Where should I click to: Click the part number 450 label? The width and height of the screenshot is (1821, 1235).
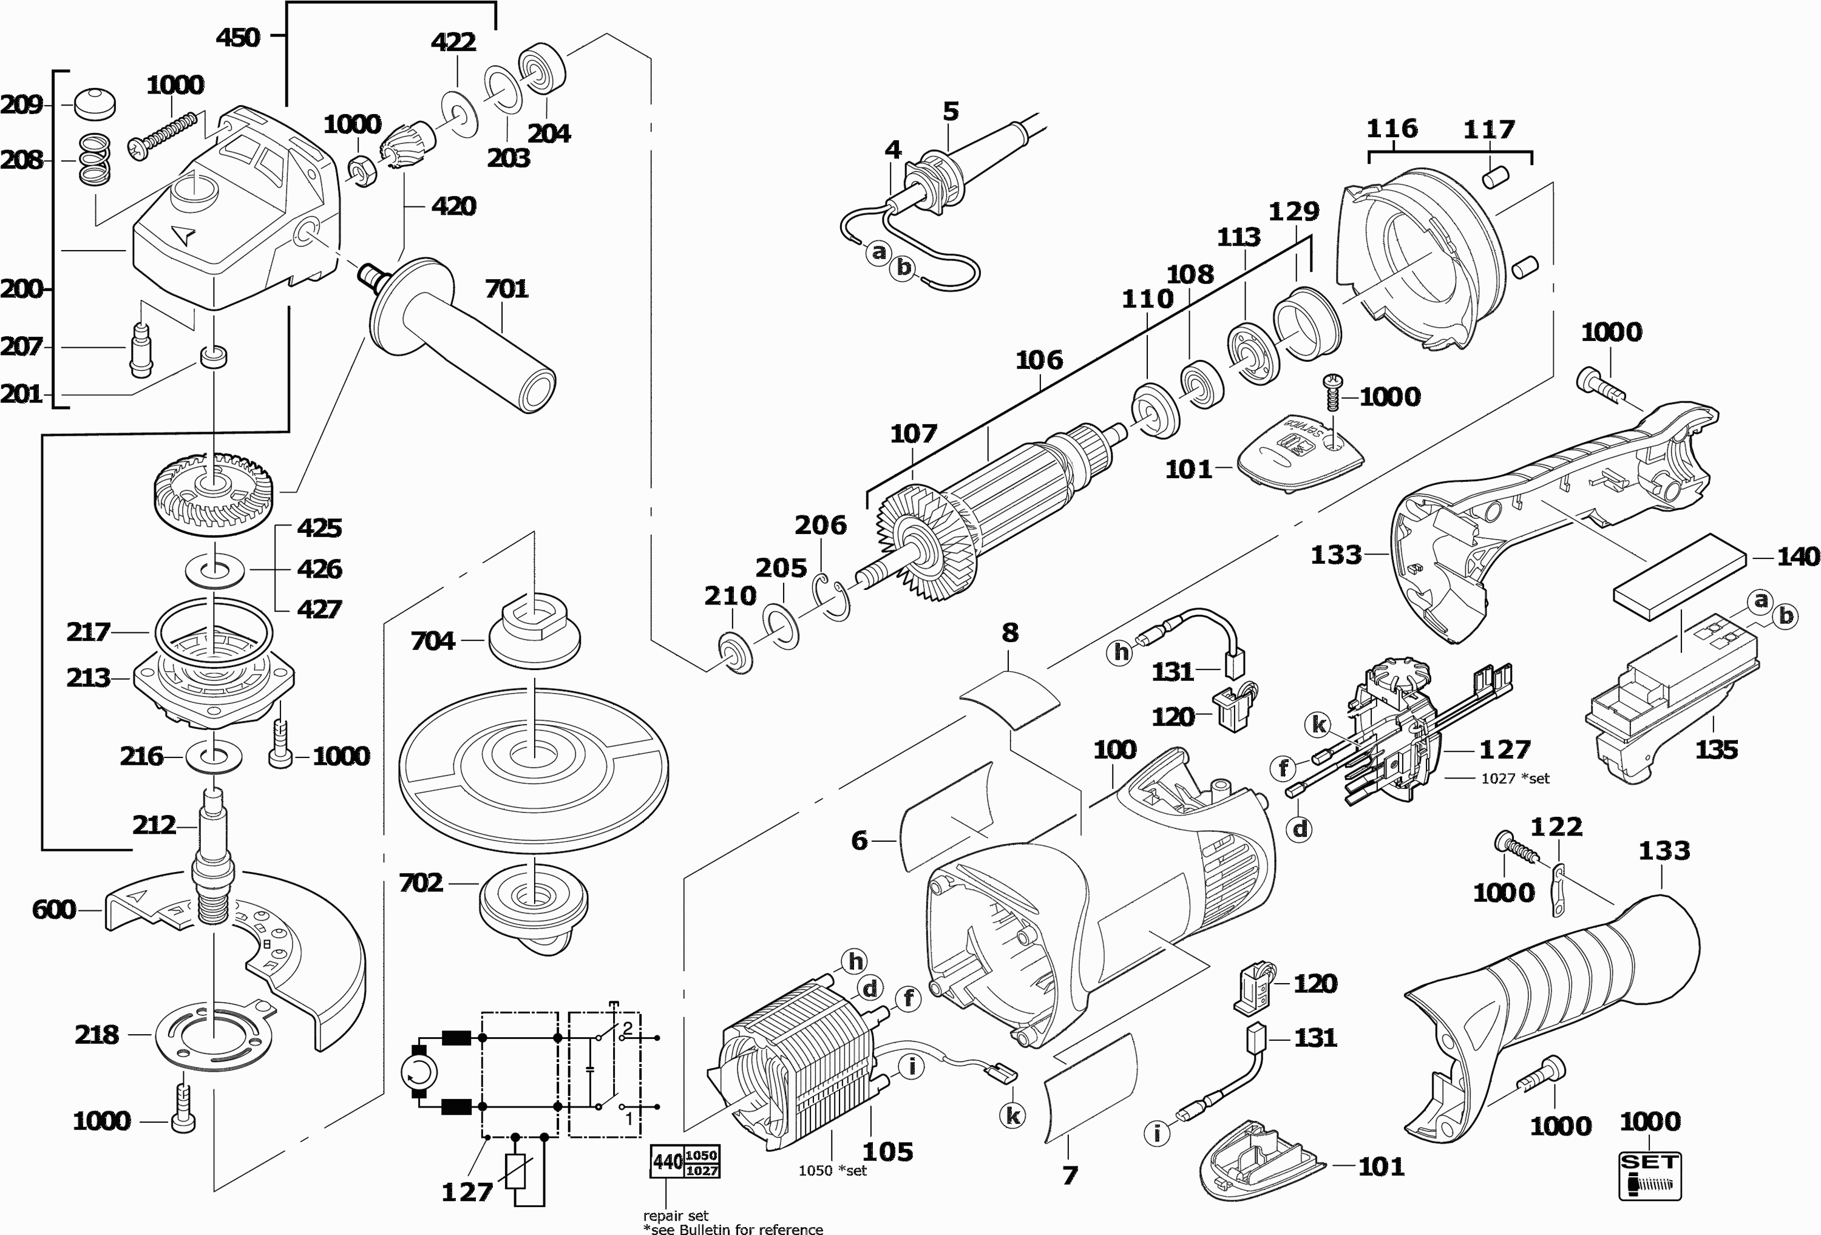pos(237,37)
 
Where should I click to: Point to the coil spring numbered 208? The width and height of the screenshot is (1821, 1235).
pos(94,161)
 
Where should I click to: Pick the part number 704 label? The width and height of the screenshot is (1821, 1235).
pos(433,641)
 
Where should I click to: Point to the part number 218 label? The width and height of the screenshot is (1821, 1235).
pos(97,1035)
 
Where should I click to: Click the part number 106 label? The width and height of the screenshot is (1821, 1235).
pos(1039,360)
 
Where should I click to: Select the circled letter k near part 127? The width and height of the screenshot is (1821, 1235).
pos(1320,725)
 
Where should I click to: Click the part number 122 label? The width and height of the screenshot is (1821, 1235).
pos(1556,827)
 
